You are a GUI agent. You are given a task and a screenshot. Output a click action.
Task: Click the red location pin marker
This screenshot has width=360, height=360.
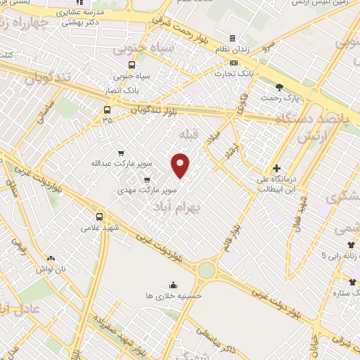pos(181,165)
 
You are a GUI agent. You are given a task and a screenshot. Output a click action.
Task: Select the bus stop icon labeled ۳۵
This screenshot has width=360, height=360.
pos(107,110)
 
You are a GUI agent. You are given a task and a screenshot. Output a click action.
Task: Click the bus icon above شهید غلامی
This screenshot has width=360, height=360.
pos(99,217)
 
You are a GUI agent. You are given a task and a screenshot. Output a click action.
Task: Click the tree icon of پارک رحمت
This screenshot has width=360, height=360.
pos(280,87)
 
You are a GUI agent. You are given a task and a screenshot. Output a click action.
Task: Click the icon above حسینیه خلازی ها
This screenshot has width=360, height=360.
pos(172,285)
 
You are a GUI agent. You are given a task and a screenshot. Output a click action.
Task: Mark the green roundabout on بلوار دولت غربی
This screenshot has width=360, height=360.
pos(207,269)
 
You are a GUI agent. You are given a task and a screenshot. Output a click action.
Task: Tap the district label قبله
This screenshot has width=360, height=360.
pos(191,134)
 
